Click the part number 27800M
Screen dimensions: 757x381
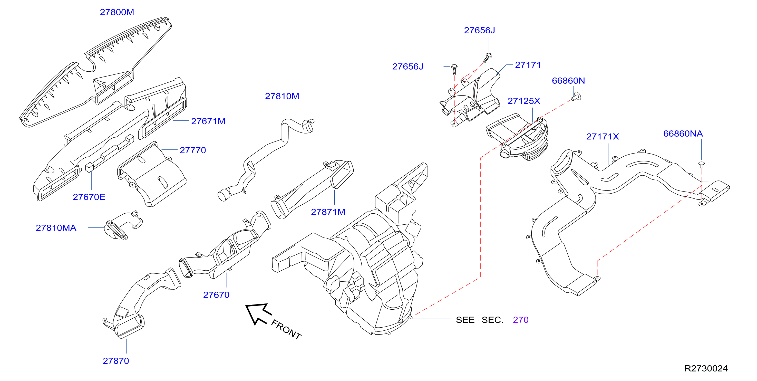(117, 12)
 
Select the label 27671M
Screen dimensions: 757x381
(208, 121)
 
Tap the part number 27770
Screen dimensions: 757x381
(193, 150)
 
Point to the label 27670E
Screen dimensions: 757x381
(89, 197)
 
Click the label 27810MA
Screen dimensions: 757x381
(56, 228)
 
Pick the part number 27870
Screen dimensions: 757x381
(116, 361)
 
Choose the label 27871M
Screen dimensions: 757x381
(328, 212)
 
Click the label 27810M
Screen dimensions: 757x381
(282, 96)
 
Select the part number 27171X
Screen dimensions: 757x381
(603, 136)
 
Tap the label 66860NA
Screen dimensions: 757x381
(683, 134)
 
